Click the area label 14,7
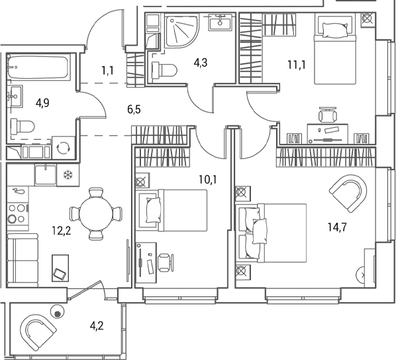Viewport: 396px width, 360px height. point(337,227)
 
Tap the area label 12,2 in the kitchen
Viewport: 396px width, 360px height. point(61,231)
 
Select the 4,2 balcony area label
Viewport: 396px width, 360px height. point(97,326)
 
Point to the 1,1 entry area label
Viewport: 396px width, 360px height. point(107,71)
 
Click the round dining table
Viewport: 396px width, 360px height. point(96,214)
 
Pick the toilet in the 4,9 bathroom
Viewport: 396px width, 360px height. point(23,126)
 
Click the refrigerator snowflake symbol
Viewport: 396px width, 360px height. point(68,174)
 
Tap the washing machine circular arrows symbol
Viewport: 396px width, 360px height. point(63,148)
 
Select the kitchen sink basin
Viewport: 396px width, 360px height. point(46,174)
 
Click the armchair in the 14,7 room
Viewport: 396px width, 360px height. point(348,193)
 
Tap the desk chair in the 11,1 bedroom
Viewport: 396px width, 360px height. point(328,115)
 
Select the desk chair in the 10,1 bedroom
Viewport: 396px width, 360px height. point(166,263)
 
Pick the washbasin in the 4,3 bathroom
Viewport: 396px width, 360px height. point(221,23)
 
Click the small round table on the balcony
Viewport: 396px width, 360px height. point(58,312)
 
